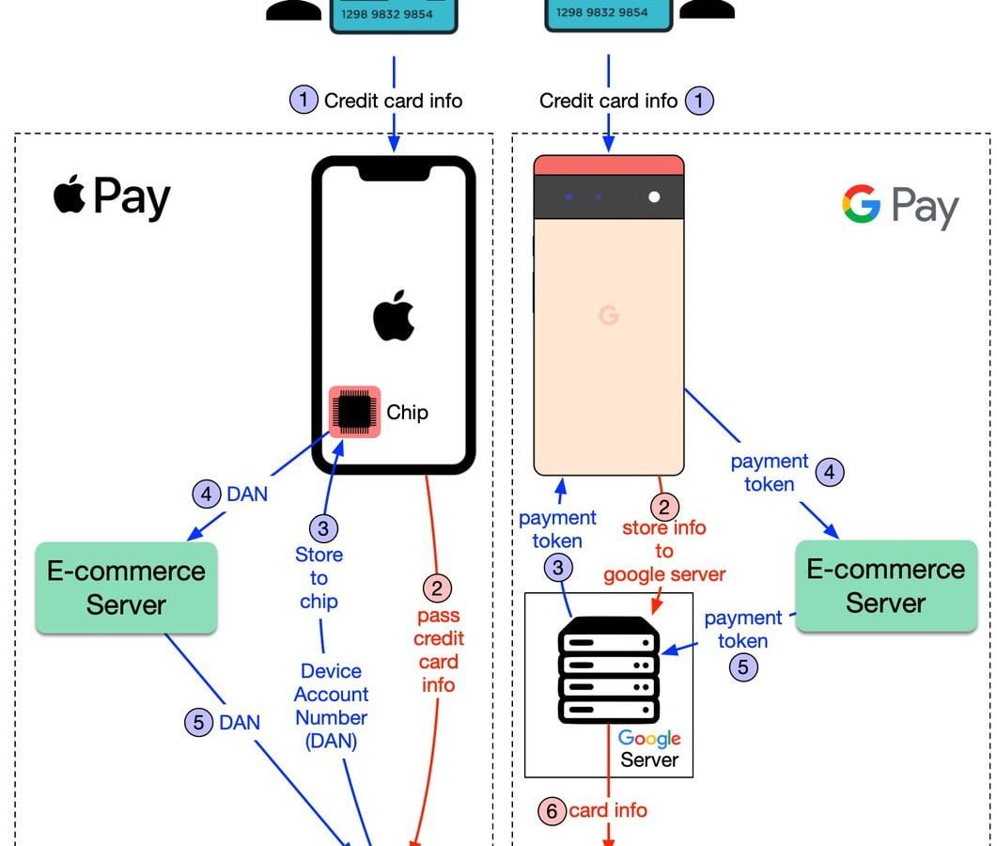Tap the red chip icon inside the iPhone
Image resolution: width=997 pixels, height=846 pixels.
coord(354,412)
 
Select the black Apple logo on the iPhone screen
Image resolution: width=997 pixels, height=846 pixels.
coord(394,316)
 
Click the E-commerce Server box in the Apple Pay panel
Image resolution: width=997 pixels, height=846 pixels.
coord(126,587)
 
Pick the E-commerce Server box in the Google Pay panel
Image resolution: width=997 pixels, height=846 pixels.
coord(886,585)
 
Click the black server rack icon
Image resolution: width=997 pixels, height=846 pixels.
coord(608,669)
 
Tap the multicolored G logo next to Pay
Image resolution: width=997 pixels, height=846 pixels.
coord(861,204)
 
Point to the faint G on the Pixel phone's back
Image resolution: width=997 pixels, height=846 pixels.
coord(609,316)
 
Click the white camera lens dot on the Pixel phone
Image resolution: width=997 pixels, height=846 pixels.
coord(654,197)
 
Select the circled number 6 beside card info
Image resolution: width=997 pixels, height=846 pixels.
coord(553,810)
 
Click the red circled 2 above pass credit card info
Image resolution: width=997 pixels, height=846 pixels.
coord(437,589)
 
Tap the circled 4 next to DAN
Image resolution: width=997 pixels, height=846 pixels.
coord(206,493)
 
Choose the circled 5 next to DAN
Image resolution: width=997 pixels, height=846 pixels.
coord(198,723)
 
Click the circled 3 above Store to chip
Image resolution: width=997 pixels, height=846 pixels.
coord(323,528)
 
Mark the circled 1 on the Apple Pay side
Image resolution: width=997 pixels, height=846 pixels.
coord(304,100)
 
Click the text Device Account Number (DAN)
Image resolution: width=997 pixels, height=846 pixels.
coord(331,705)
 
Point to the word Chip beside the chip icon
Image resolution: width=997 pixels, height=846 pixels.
coord(407,412)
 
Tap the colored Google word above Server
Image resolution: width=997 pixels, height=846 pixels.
coord(648,738)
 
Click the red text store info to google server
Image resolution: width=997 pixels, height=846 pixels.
coord(663,551)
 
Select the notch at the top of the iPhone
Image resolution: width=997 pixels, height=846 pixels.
coord(393,169)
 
